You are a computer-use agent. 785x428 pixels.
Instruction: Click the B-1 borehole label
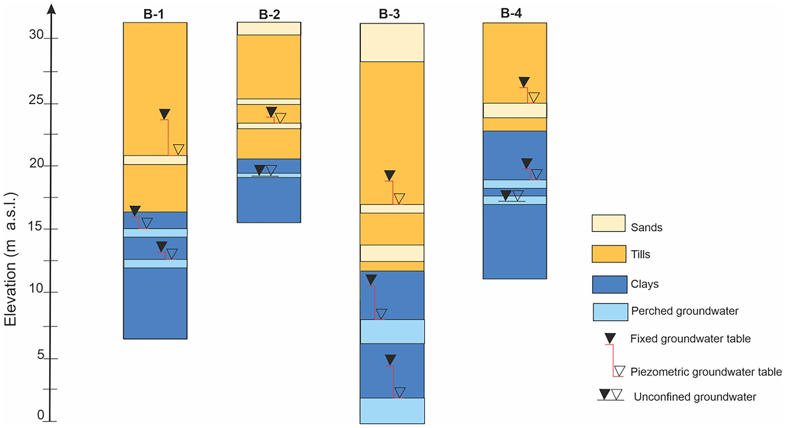(154, 14)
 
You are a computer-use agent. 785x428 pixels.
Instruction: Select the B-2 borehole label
(269, 14)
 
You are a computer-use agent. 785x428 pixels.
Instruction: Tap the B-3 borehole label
(389, 14)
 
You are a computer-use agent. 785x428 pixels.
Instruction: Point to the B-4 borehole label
(511, 13)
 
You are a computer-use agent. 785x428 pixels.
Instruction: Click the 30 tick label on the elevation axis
(36, 35)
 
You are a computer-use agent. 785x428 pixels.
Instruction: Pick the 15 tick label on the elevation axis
(35, 226)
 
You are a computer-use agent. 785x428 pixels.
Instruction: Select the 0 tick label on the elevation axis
(41, 415)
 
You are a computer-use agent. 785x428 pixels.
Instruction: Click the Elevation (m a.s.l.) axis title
(10, 259)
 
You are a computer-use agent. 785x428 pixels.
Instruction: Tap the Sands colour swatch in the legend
(608, 223)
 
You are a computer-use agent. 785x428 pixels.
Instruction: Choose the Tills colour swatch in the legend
(609, 254)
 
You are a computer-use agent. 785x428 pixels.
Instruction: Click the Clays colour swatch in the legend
(609, 284)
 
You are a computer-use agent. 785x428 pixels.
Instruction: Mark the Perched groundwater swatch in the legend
(610, 312)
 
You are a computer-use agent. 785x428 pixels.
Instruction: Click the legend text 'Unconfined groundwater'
(695, 397)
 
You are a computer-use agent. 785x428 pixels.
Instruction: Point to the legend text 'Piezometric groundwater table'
(706, 372)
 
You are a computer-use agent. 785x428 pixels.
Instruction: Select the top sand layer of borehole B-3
(392, 43)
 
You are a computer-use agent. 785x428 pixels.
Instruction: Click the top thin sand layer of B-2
(269, 29)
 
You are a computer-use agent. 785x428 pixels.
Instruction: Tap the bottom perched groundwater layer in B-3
(392, 411)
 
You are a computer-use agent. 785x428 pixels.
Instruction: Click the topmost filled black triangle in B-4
(524, 82)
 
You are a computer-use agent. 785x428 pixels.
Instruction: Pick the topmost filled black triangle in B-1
(164, 114)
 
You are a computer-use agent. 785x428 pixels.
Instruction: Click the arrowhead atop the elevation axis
(51, 9)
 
